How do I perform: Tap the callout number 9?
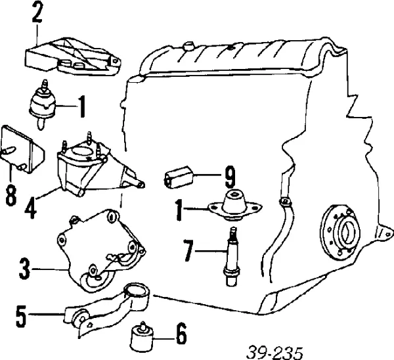pyautogui.click(x=229, y=177)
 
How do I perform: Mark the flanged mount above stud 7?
pyautogui.click(x=234, y=204)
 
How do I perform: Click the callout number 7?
pyautogui.click(x=188, y=250)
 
